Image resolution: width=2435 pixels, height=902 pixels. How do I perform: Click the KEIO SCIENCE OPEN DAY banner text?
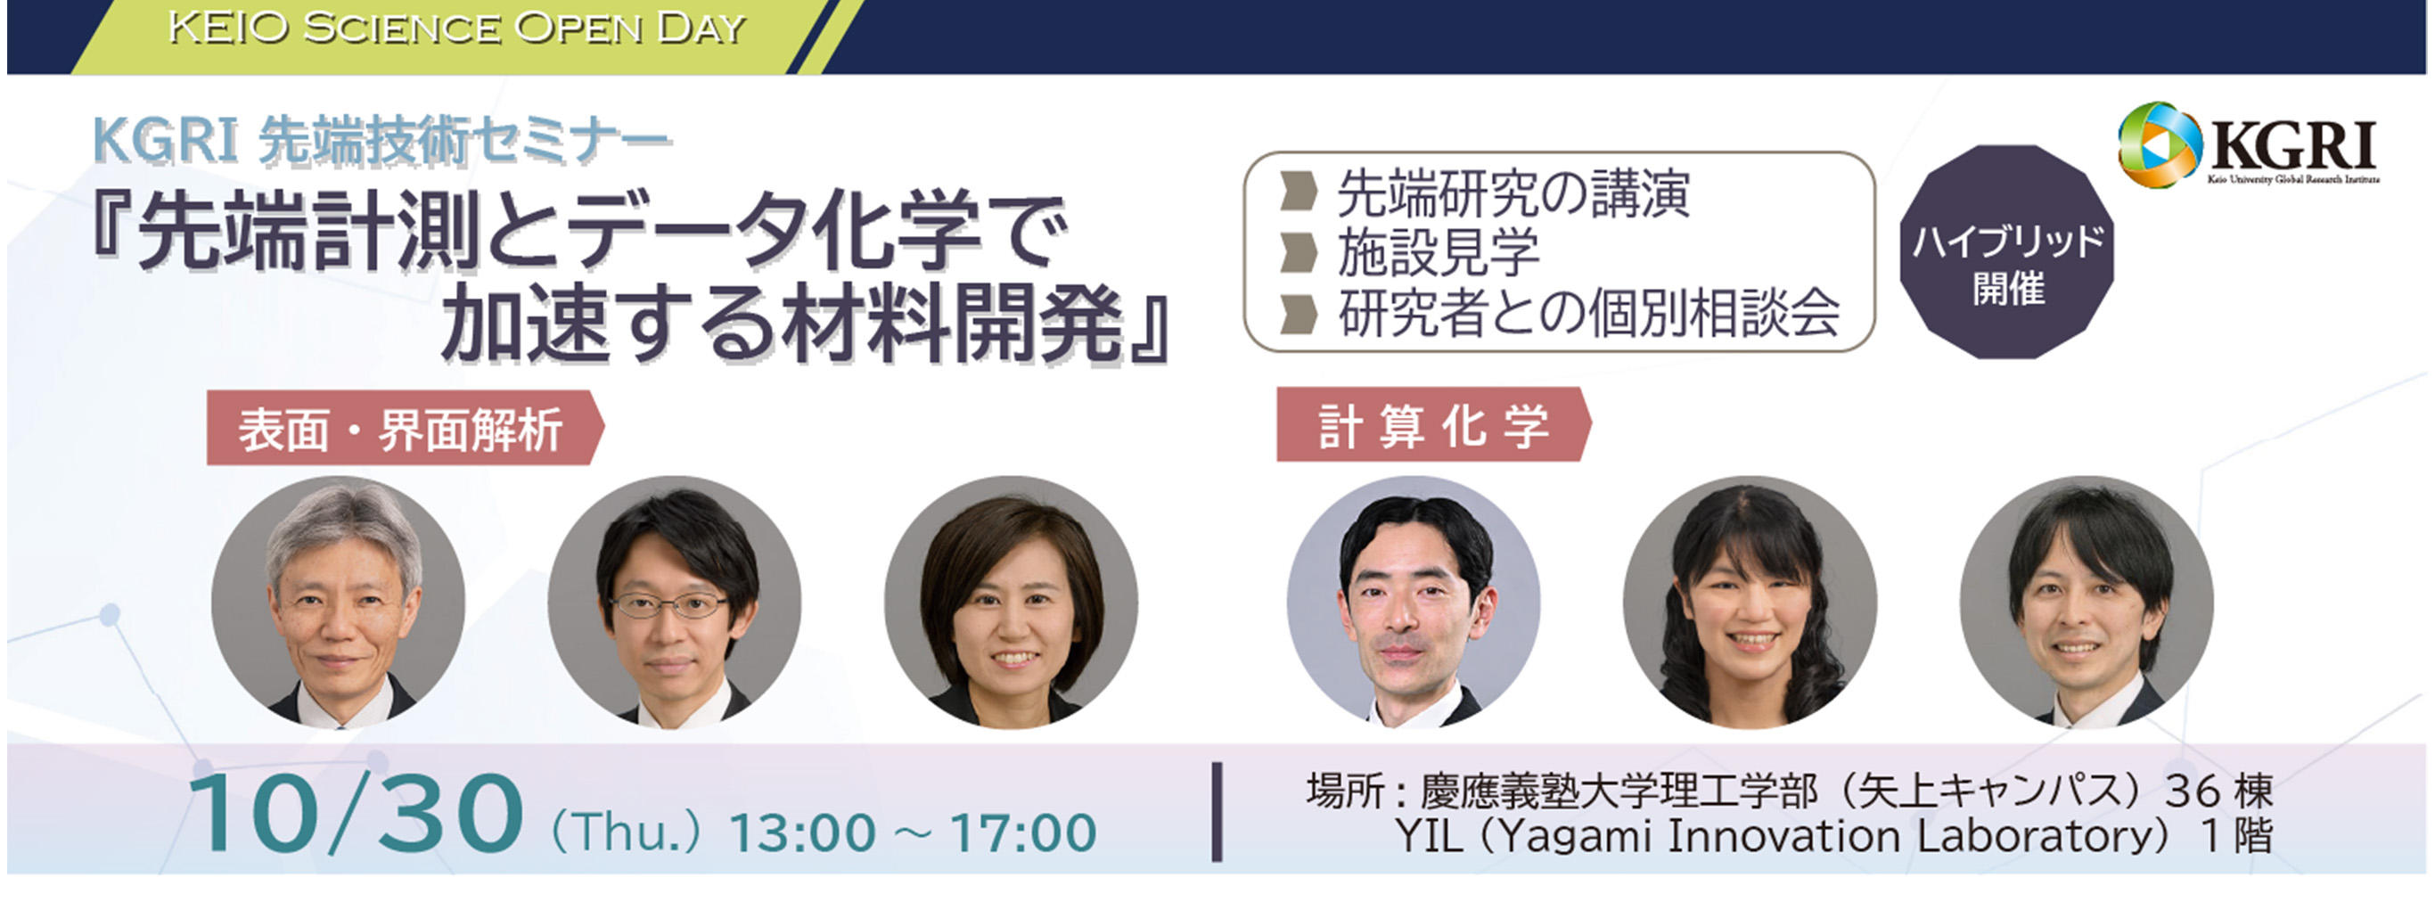click(x=456, y=29)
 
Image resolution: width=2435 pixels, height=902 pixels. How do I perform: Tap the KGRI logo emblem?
click(x=2159, y=144)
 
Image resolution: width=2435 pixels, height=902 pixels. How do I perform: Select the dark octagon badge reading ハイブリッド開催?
click(x=2007, y=251)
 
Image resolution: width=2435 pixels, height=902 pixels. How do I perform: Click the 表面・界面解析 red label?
click(x=405, y=429)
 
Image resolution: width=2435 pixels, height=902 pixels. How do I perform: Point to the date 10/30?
click(x=356, y=815)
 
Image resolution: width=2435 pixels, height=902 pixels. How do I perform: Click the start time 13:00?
click(x=802, y=833)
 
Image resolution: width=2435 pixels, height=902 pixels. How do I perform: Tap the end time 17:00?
click(x=1023, y=833)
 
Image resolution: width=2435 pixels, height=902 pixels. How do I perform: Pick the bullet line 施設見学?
click(x=1438, y=253)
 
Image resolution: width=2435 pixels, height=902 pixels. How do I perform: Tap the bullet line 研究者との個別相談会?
click(x=1588, y=313)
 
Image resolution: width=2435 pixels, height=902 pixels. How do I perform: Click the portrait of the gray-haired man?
click(x=339, y=603)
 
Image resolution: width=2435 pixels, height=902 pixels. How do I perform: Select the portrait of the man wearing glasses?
click(x=675, y=603)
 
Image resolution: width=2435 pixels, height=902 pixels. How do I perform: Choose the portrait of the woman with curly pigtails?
click(x=1750, y=603)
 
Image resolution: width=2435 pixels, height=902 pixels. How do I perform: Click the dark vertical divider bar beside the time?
click(x=1217, y=812)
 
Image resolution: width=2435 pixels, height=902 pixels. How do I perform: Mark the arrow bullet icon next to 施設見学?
click(x=1299, y=253)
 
